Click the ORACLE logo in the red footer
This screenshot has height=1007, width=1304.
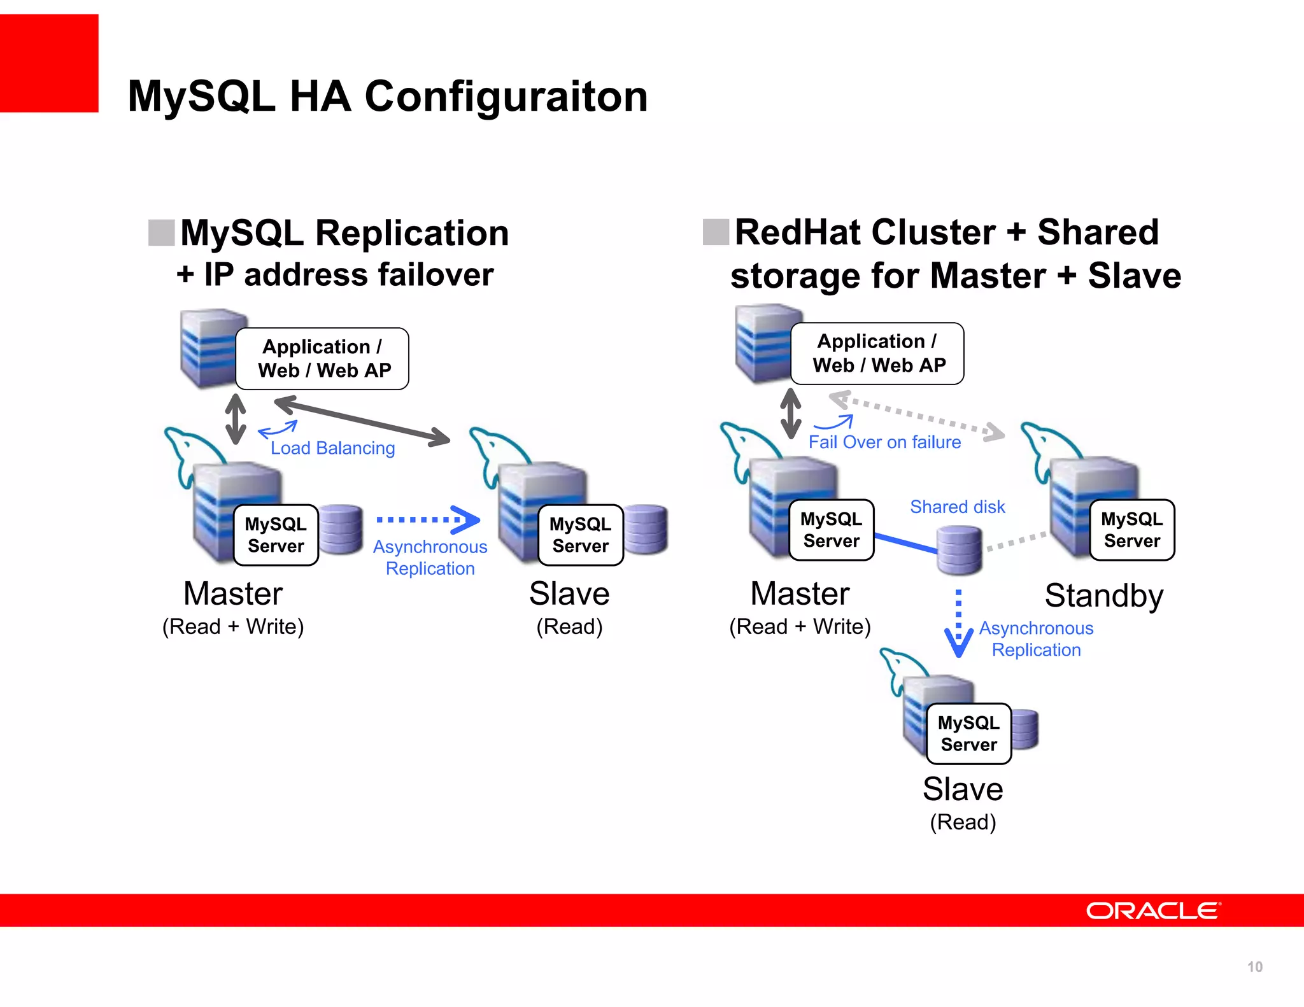1152,911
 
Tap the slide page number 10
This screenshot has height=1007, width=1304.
1254,967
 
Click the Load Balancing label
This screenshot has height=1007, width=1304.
332,448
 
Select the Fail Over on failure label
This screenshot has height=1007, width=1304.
884,442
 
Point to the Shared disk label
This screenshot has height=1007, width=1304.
957,507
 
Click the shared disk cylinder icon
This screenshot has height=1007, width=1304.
960,550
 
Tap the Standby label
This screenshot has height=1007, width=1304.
1103,596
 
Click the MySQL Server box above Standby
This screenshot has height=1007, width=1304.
1131,530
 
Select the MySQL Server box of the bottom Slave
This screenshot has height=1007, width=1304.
968,734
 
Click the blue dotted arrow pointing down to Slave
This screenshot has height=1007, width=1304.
958,624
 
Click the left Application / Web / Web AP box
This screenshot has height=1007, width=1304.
322,358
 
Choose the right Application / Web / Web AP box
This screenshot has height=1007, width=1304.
877,353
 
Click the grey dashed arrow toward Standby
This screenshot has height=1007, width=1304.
917,416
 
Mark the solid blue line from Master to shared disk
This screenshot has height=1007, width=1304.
905,543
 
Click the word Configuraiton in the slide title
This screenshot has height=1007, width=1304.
506,96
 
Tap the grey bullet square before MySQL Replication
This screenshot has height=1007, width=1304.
161,232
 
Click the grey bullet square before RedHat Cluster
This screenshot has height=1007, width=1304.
716,232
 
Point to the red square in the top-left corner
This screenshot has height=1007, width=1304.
49,63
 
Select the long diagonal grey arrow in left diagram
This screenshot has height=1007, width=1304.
362,420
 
